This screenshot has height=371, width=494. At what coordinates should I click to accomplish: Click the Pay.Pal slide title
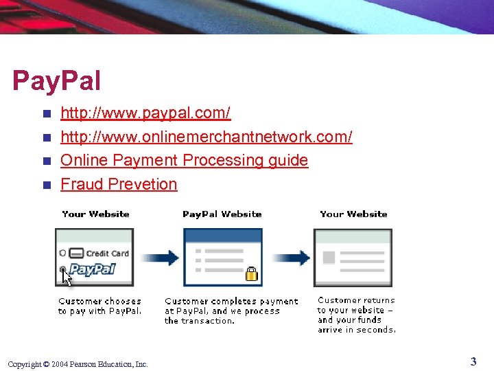[x=56, y=81]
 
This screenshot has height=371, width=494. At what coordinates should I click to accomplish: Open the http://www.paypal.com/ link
[x=145, y=113]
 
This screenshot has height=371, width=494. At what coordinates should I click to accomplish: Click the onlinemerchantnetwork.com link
[x=207, y=137]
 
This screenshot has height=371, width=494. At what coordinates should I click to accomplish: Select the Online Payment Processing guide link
[x=184, y=160]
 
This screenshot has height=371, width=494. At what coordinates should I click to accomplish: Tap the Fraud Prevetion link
[x=119, y=184]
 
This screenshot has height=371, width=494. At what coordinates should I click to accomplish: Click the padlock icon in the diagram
[x=251, y=274]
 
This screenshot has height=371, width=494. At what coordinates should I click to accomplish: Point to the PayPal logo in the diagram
[x=92, y=269]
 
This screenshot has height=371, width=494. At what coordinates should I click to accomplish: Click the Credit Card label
[x=107, y=254]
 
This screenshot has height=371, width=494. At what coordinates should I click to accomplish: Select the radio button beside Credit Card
[x=63, y=253]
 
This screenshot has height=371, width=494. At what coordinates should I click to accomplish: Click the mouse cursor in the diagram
[x=66, y=277]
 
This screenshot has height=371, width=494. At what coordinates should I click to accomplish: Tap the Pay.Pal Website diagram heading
[x=222, y=214]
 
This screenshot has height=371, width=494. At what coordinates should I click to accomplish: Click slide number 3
[x=473, y=361]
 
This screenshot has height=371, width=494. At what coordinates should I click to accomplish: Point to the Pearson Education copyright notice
[x=78, y=364]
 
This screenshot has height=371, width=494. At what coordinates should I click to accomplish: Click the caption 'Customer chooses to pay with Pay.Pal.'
[x=99, y=306]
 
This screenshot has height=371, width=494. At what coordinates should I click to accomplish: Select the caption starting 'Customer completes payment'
[x=231, y=311]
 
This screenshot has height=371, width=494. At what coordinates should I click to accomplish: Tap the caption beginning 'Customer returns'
[x=356, y=315]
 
